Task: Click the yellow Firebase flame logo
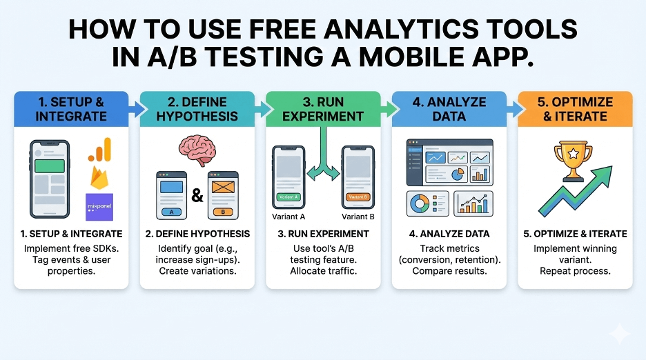point(99,179)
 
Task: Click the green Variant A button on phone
point(288,196)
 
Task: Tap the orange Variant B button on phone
point(358,196)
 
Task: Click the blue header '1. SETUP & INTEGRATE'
point(71,110)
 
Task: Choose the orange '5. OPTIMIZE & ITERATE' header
point(575,110)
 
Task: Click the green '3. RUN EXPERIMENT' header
point(323,110)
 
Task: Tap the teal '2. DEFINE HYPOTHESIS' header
point(197,110)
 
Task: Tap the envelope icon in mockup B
point(224,187)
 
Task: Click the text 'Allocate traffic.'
point(323,270)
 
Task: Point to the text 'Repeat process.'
point(575,270)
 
